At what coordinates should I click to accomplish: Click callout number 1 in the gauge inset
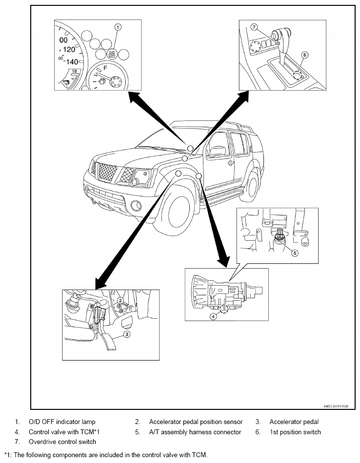tap(118, 27)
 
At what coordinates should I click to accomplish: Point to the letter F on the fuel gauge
tap(105, 68)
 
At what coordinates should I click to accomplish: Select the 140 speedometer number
tap(72, 62)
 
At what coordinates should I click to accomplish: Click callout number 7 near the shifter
tap(254, 27)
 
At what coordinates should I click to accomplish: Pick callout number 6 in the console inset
tap(305, 55)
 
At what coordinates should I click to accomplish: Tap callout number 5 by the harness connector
tap(294, 253)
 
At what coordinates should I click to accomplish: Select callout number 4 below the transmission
tap(213, 316)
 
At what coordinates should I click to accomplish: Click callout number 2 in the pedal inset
tap(120, 300)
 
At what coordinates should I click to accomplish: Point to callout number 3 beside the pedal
tap(126, 334)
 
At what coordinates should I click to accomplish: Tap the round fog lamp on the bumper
tap(136, 206)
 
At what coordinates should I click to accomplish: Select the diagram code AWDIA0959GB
tap(336, 406)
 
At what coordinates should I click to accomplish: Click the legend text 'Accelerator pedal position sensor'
tap(196, 422)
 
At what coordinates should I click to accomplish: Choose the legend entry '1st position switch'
tap(295, 432)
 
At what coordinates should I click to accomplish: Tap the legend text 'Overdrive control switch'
tap(62, 442)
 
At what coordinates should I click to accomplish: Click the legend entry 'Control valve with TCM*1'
tap(64, 432)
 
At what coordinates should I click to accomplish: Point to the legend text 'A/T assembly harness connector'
tap(195, 432)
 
